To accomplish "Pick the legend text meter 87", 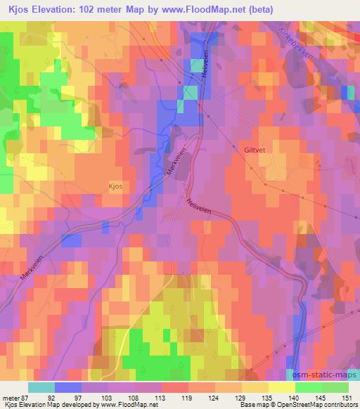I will pos(16,398).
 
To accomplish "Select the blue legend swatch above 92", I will pos(68,387).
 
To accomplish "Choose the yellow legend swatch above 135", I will pos(281,387).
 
